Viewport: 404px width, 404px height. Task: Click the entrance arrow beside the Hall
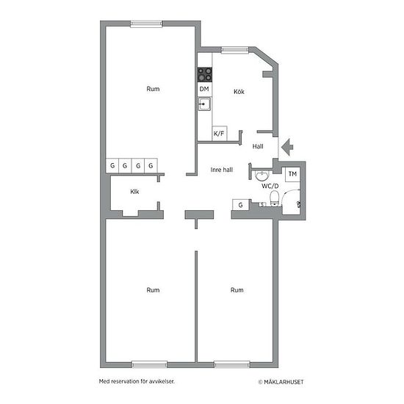click(287, 147)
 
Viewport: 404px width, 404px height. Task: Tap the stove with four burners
click(205, 75)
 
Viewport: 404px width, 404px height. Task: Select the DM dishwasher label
click(204, 89)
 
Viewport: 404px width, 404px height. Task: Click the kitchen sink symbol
click(204, 104)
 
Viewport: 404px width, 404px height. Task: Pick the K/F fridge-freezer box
click(220, 134)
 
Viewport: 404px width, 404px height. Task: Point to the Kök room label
click(239, 92)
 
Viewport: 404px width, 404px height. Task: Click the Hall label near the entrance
click(258, 146)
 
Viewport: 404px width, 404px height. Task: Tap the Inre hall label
click(222, 170)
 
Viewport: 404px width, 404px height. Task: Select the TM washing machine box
click(292, 174)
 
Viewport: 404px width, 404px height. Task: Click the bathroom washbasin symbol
click(262, 176)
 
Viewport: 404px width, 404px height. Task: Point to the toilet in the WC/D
click(275, 198)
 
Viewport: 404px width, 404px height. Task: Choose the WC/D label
click(270, 186)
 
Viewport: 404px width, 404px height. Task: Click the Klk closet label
click(134, 192)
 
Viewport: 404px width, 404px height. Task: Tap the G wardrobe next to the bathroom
click(241, 205)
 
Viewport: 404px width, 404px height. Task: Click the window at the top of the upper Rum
click(146, 24)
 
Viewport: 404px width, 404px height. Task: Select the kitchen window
click(235, 50)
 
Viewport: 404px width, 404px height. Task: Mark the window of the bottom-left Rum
click(149, 364)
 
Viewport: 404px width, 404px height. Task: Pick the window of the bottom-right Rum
click(232, 364)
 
